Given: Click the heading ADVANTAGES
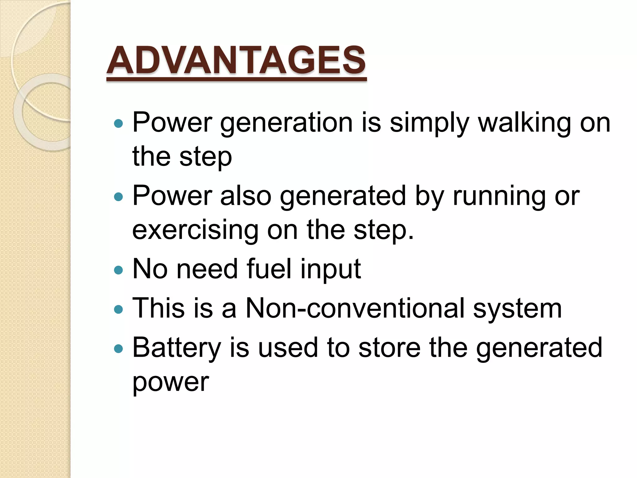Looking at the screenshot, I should (236, 61).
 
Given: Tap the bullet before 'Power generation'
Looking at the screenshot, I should (119, 124).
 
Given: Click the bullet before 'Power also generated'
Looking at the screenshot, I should (119, 197).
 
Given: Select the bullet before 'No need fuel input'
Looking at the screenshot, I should (119, 270).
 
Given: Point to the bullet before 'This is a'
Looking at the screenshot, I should (119, 309).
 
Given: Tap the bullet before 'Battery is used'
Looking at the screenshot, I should (119, 349).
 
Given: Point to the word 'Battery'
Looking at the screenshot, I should (177, 348).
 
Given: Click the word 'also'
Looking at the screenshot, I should (246, 196).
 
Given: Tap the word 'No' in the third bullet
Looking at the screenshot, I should (150, 269).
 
